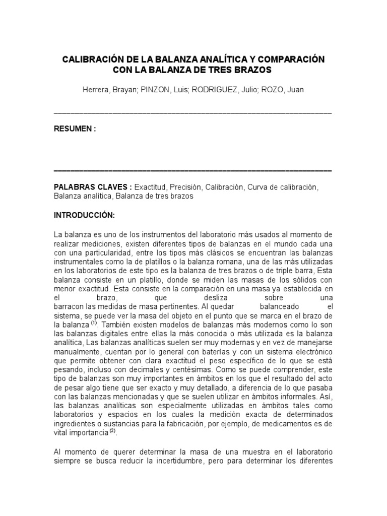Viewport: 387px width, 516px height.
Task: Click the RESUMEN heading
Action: (x=74, y=128)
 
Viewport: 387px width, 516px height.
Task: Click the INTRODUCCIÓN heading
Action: (x=85, y=215)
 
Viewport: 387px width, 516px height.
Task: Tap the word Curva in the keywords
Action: (x=256, y=187)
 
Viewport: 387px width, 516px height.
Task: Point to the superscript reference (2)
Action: (x=113, y=431)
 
